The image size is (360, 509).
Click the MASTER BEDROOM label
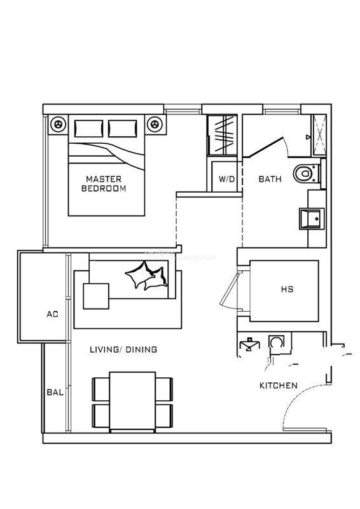click(x=104, y=184)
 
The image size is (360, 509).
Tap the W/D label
click(x=226, y=179)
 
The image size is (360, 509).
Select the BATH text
click(x=270, y=179)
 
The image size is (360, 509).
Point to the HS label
click(x=287, y=289)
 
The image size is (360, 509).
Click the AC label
click(x=53, y=314)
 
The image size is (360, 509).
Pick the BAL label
click(x=55, y=392)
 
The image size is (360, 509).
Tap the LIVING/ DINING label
click(x=123, y=349)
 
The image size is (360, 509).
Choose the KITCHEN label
click(x=279, y=386)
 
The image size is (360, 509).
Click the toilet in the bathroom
click(x=307, y=174)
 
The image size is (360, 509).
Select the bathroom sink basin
click(x=312, y=219)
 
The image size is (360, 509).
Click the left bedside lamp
click(x=59, y=124)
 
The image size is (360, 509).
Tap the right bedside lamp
click(x=155, y=124)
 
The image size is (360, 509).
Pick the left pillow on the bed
click(x=88, y=129)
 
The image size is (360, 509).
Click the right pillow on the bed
click(x=122, y=129)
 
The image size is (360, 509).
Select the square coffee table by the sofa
click(x=96, y=296)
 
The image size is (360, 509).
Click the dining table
click(x=132, y=402)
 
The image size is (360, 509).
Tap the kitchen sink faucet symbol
click(x=249, y=344)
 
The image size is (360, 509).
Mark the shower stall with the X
click(x=319, y=136)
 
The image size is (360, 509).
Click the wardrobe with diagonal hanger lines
click(x=223, y=135)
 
